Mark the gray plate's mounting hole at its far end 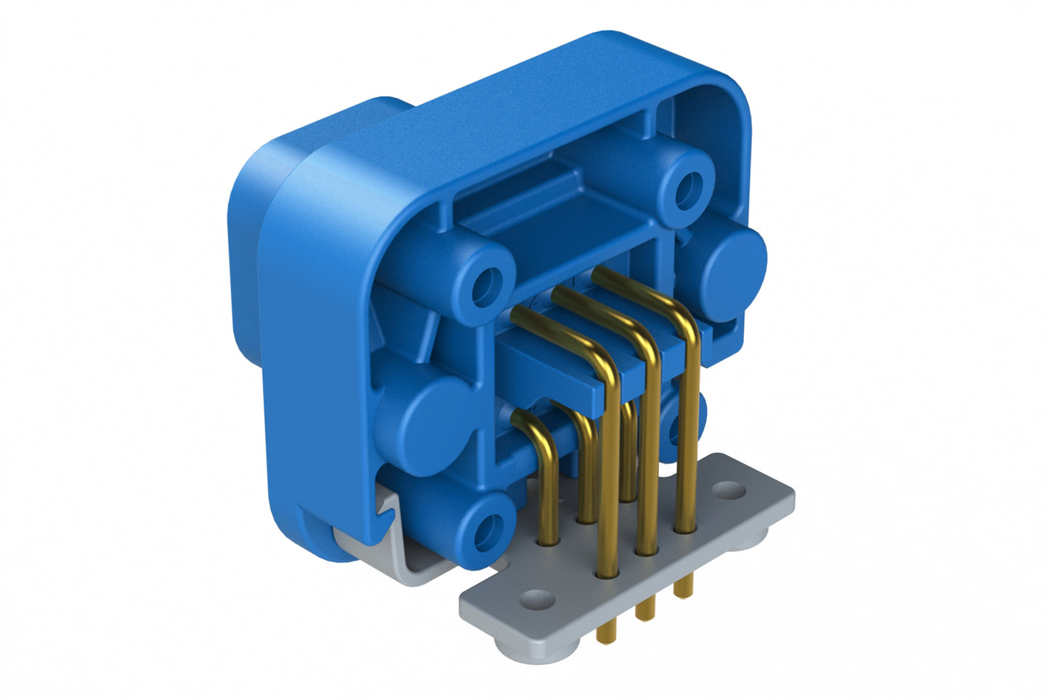tap(731, 492)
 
